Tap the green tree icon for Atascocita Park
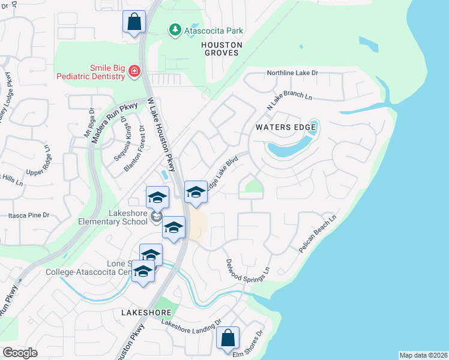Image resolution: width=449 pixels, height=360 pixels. coord(175,29)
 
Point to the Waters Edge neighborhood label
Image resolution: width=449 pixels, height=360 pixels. coord(281,127)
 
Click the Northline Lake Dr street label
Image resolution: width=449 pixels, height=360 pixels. coord(292,73)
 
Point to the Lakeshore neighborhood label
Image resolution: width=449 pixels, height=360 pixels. coord(146,313)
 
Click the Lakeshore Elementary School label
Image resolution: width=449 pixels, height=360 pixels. coord(113,217)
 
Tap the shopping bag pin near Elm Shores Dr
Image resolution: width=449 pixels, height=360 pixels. coord(228,338)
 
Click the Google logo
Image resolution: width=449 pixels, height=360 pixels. coord(20,352)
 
